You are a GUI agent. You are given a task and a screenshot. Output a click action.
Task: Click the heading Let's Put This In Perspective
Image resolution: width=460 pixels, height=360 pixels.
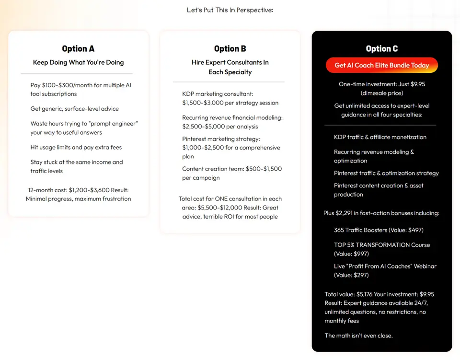[x=230, y=10]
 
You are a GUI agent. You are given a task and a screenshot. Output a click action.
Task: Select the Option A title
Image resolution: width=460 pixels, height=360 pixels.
[x=78, y=48]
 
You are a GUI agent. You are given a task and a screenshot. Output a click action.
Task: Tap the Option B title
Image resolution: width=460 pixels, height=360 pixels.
[x=230, y=48]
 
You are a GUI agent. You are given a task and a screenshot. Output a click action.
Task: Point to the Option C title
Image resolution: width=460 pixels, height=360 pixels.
[x=381, y=48]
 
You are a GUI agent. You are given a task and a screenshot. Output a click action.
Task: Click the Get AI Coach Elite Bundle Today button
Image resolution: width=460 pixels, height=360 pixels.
[x=381, y=65]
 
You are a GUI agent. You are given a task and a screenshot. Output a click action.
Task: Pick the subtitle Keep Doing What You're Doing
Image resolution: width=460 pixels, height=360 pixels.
[x=78, y=62]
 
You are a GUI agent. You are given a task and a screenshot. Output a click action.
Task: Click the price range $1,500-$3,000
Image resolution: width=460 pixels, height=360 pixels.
[x=203, y=103]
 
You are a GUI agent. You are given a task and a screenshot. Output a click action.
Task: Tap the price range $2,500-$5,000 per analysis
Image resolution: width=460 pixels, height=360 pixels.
[x=220, y=127]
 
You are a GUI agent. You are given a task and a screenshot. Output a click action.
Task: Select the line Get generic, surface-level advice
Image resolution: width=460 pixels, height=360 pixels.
[x=74, y=109]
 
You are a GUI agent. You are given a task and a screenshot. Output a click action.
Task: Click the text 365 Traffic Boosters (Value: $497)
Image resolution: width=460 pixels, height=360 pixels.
[x=379, y=230]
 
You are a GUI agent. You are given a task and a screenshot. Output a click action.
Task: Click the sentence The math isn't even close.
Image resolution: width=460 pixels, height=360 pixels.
[x=358, y=336]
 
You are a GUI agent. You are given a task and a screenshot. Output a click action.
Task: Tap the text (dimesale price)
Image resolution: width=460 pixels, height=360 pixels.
[x=381, y=93]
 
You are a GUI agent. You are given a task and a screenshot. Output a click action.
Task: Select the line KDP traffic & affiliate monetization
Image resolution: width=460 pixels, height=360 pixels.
[x=380, y=137]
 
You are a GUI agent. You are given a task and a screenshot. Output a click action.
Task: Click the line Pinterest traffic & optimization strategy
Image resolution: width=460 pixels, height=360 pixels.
[x=386, y=173]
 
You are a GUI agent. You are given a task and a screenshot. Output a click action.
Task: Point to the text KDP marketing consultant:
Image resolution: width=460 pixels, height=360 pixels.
[x=218, y=94]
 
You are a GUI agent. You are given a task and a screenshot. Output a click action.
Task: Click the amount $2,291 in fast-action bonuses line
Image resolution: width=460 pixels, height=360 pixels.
[x=381, y=213]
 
